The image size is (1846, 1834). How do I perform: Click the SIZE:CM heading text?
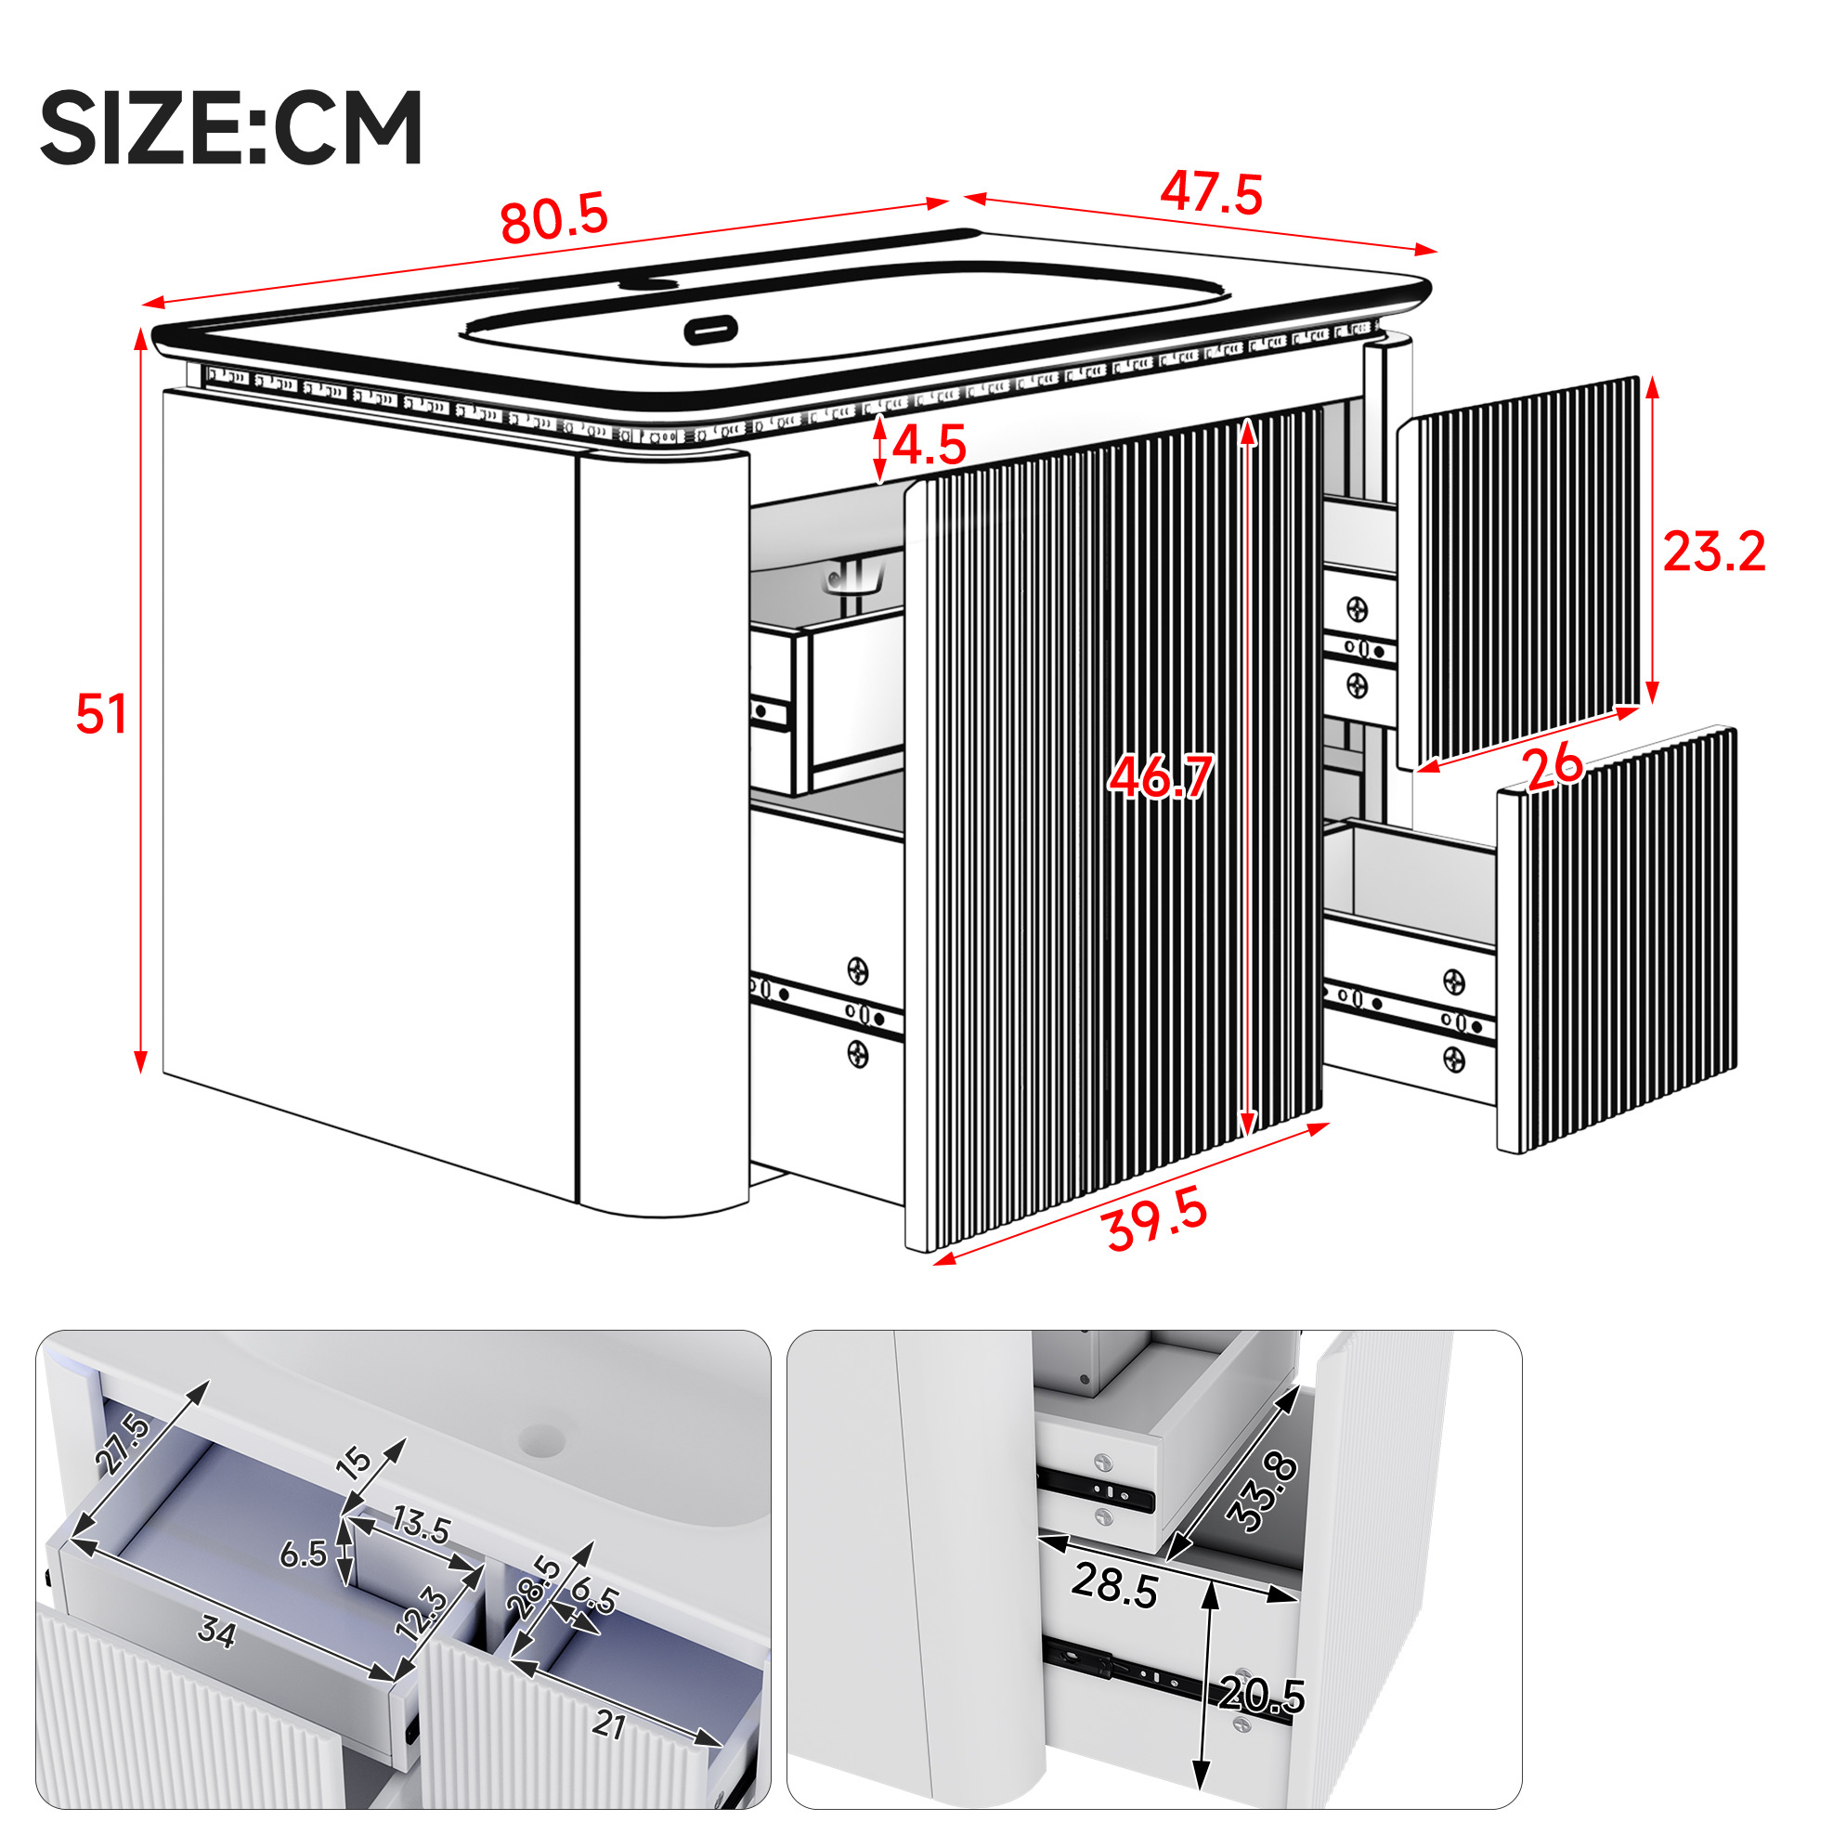click(x=231, y=127)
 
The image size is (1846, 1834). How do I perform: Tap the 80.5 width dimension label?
click(x=554, y=218)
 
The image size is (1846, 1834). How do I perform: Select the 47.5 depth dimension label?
click(x=1212, y=192)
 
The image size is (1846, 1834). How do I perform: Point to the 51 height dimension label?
click(x=101, y=715)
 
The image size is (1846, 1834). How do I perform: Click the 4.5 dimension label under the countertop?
click(x=929, y=445)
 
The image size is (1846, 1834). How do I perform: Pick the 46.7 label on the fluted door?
click(x=1161, y=776)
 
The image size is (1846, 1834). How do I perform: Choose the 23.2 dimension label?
click(x=1714, y=552)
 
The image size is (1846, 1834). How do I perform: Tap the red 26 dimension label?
click(x=1553, y=767)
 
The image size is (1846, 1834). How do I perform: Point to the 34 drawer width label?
click(x=216, y=1632)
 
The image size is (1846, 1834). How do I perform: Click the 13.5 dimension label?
click(x=422, y=1525)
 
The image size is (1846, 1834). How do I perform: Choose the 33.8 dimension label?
click(x=1262, y=1493)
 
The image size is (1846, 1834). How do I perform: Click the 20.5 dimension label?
click(x=1262, y=1697)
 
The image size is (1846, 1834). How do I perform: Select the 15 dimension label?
click(x=356, y=1462)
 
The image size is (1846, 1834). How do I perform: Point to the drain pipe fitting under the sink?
click(x=855, y=579)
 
